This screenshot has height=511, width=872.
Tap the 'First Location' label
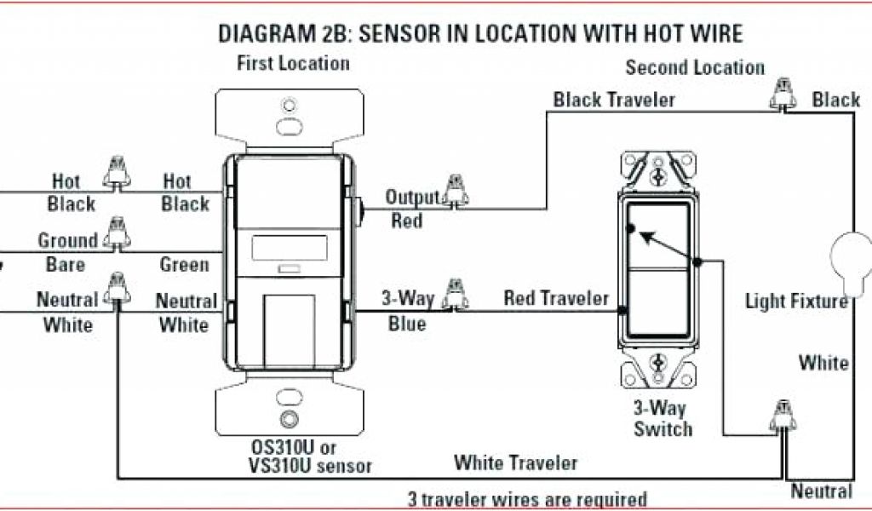pyautogui.click(x=293, y=63)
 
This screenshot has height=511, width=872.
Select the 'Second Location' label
pyautogui.click(x=695, y=67)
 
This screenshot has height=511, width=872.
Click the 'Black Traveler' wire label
pyautogui.click(x=614, y=100)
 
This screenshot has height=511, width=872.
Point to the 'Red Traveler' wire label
pyautogui.click(x=556, y=298)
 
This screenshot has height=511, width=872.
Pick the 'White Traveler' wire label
pyautogui.click(x=515, y=463)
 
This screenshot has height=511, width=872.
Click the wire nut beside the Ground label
pyautogui.click(x=115, y=233)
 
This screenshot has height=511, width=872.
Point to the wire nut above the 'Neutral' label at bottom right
pyautogui.click(x=781, y=416)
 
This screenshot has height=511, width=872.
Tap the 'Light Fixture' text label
pyautogui.click(x=796, y=301)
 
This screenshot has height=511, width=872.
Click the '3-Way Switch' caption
pyautogui.click(x=663, y=417)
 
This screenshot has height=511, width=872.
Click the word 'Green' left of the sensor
pyautogui.click(x=184, y=264)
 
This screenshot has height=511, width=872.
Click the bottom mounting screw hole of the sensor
pyautogui.click(x=290, y=418)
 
